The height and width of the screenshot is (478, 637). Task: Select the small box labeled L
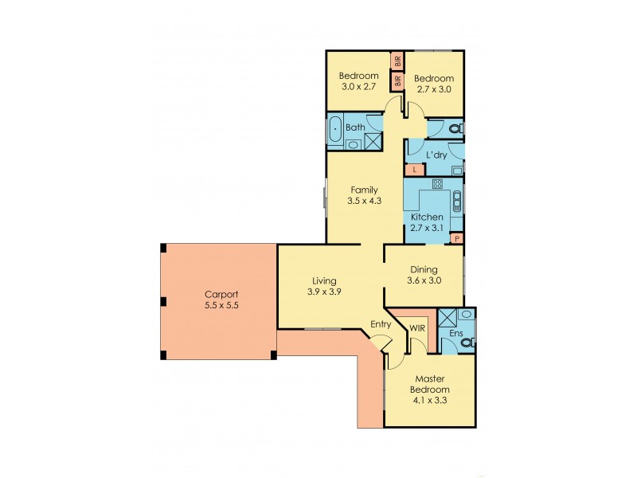click(x=414, y=170)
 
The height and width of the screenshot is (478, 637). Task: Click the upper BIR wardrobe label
click(x=397, y=61)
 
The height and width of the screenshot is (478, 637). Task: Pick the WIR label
click(x=416, y=327)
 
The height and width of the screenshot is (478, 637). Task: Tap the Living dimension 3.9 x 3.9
click(x=324, y=292)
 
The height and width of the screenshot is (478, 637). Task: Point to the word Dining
click(x=424, y=269)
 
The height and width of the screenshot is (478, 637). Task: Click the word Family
click(x=364, y=190)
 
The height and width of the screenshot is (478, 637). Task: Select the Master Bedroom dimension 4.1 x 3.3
click(x=429, y=401)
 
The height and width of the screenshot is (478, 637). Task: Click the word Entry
click(x=380, y=323)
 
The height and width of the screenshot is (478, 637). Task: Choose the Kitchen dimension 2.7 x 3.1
click(x=427, y=228)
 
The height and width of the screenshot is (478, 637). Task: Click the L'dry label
click(x=436, y=155)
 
